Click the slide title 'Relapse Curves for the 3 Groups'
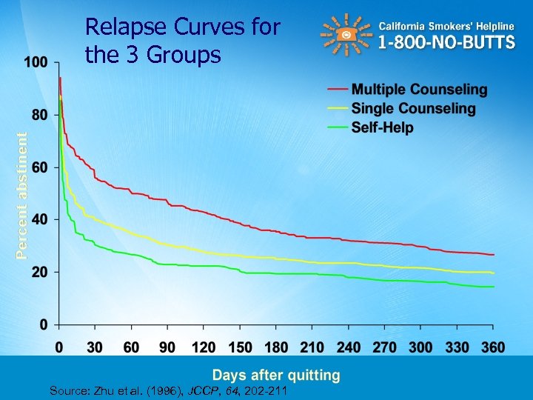pos(182,41)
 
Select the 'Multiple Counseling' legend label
pos(419,90)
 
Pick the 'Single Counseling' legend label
pos(413,108)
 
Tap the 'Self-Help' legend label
pos(382,127)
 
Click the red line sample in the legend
pos(338,90)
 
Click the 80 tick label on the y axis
pos(40,115)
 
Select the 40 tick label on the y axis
pos(40,219)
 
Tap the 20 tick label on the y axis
pos(40,272)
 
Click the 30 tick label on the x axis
pos(94,347)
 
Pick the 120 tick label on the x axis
pos(204,347)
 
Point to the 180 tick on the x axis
pos(276,347)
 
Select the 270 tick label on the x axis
pos(384,347)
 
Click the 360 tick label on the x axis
pos(493,347)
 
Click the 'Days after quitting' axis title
pos(277,376)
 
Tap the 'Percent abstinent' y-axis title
pos(23,195)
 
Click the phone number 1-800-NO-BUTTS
pos(446,42)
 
